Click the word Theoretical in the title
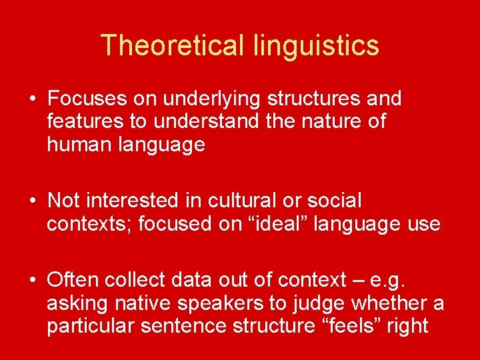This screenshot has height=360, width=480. tap(173, 45)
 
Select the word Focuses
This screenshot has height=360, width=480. tap(86, 99)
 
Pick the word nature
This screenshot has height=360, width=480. tap(331, 122)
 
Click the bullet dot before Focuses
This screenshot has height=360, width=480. tap(32, 99)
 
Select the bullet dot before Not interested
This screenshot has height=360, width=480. tap(32, 200)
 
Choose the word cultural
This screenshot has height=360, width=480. tap(239, 200)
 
